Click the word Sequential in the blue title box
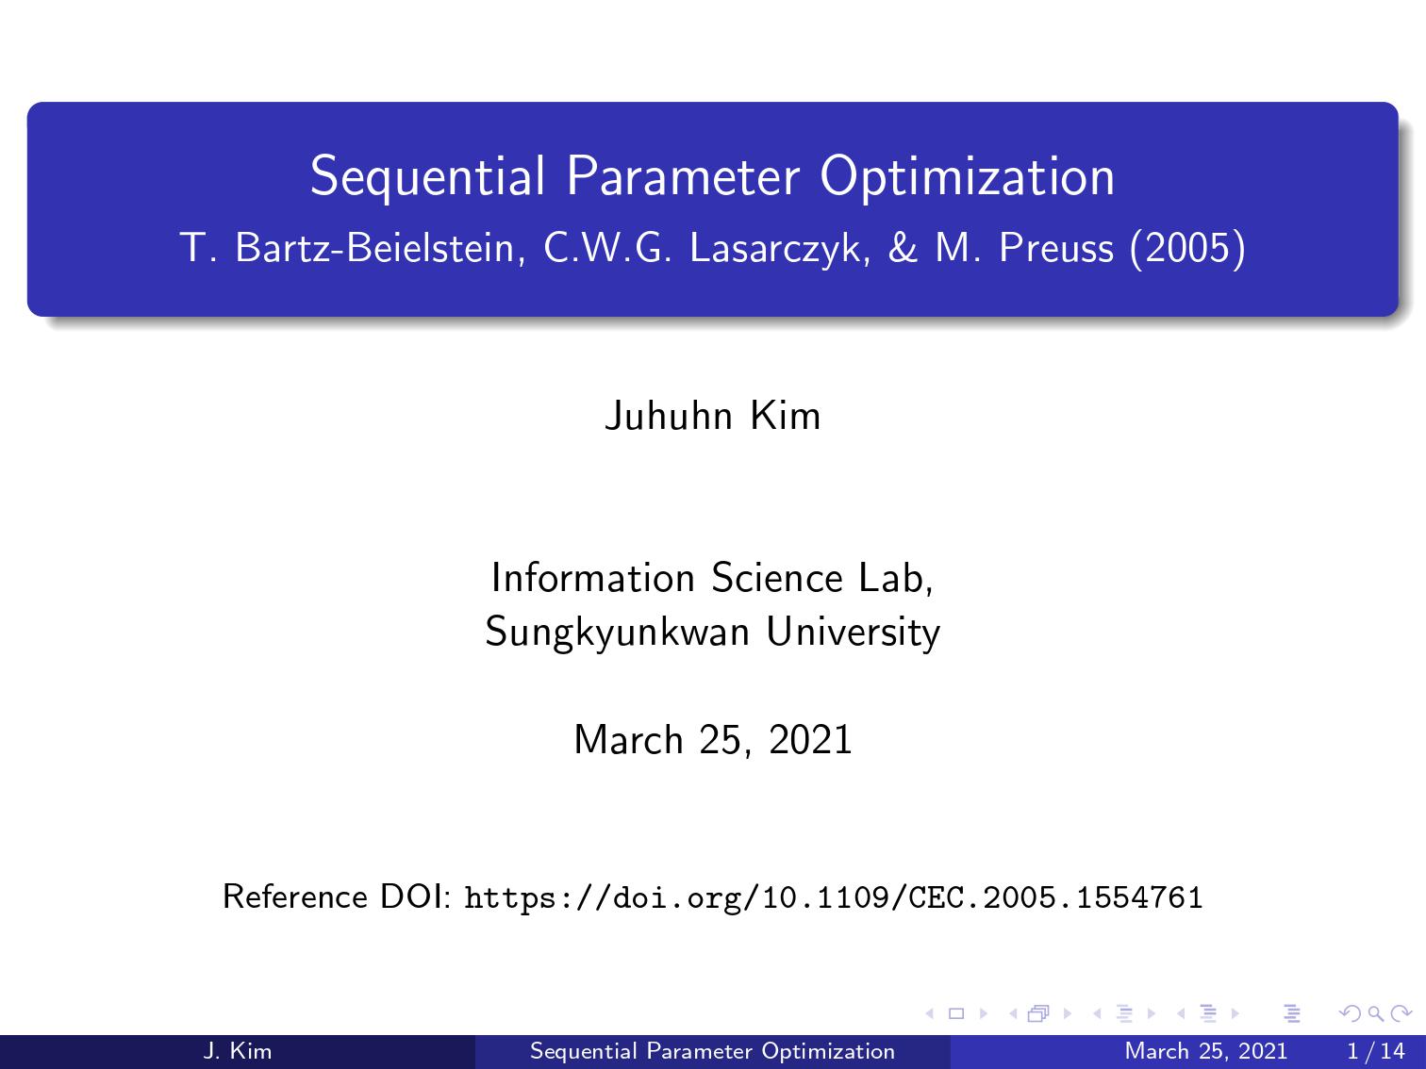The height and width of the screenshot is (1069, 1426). pos(427,176)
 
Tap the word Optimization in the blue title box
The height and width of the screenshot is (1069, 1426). pos(968,176)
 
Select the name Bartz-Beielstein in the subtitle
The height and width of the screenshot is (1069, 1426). pos(380,248)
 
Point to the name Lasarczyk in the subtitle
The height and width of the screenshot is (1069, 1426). pos(780,249)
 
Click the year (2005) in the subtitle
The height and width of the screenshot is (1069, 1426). pos(1188,248)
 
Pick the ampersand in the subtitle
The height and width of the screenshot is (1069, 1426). pos(903,247)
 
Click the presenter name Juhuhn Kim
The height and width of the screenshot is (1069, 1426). pos(713,416)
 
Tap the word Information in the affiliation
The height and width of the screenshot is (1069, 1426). pos(593,578)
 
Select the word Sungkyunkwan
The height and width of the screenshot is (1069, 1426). pos(617,633)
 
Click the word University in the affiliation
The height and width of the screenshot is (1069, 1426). pos(853,633)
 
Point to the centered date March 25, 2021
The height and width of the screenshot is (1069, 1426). pos(713,740)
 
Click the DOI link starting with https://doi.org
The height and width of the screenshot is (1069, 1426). pos(834,897)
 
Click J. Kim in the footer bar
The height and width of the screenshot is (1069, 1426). pos(237,1051)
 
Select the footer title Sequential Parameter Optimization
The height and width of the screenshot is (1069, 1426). pos(712,1051)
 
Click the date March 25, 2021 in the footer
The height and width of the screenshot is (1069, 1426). pos(1205,1051)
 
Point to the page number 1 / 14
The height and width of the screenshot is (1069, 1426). pos(1376,1051)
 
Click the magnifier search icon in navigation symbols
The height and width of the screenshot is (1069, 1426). pos(1375,1013)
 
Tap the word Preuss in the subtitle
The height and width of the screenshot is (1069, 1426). pos(1056,248)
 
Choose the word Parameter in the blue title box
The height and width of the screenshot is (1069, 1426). pos(683,176)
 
